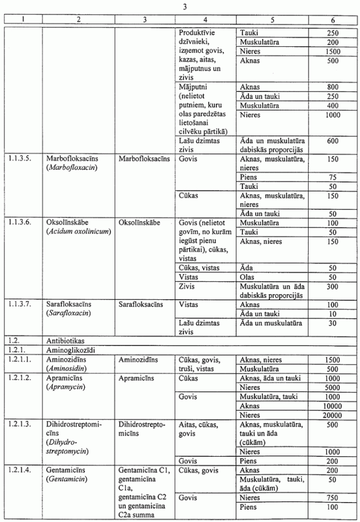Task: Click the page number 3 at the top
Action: pos(184,6)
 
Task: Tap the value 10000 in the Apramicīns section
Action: pos(331,405)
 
